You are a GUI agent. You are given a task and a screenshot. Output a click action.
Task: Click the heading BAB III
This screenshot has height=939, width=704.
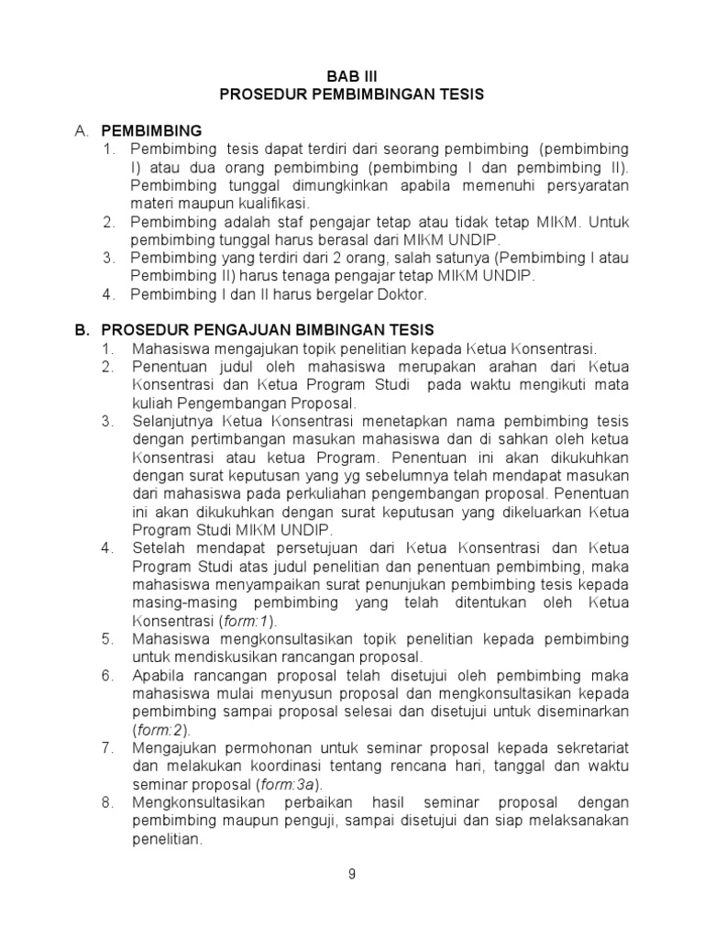352,76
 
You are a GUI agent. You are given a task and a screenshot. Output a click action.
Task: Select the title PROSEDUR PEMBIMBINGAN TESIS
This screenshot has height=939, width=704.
352,94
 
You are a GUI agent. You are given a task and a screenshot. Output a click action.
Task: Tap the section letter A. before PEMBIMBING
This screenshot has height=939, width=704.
82,130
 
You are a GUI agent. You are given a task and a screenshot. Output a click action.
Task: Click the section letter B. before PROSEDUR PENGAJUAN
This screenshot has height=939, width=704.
82,329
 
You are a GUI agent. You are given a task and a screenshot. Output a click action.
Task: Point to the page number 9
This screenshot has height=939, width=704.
352,874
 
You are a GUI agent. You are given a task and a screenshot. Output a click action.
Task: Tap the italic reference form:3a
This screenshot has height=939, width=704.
294,784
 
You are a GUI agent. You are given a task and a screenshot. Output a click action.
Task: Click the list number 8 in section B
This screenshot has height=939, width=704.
107,802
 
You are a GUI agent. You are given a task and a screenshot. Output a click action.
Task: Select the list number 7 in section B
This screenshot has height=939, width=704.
107,748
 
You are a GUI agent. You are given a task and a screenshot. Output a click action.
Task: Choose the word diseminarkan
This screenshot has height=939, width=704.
583,712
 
